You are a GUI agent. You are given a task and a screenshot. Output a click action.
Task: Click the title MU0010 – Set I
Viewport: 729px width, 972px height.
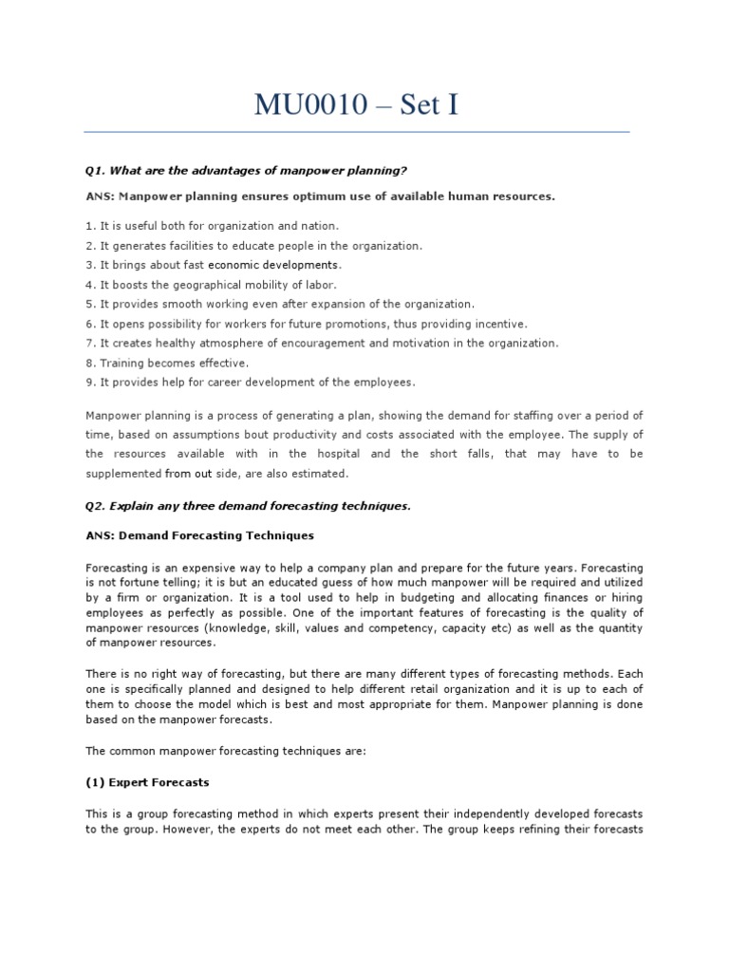pyautogui.click(x=356, y=104)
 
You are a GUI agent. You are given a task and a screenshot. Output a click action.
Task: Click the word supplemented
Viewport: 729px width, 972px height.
pyautogui.click(x=122, y=474)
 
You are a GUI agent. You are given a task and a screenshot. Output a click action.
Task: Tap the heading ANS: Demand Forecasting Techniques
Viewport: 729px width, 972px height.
pyautogui.click(x=199, y=535)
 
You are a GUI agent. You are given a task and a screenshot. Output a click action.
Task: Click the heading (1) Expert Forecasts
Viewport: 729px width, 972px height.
pyautogui.click(x=147, y=782)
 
